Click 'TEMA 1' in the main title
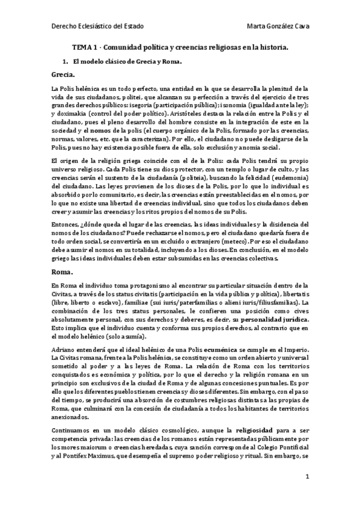pos(88,47)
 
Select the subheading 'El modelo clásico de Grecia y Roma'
pos(127,62)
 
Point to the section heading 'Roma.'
pos(63,272)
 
